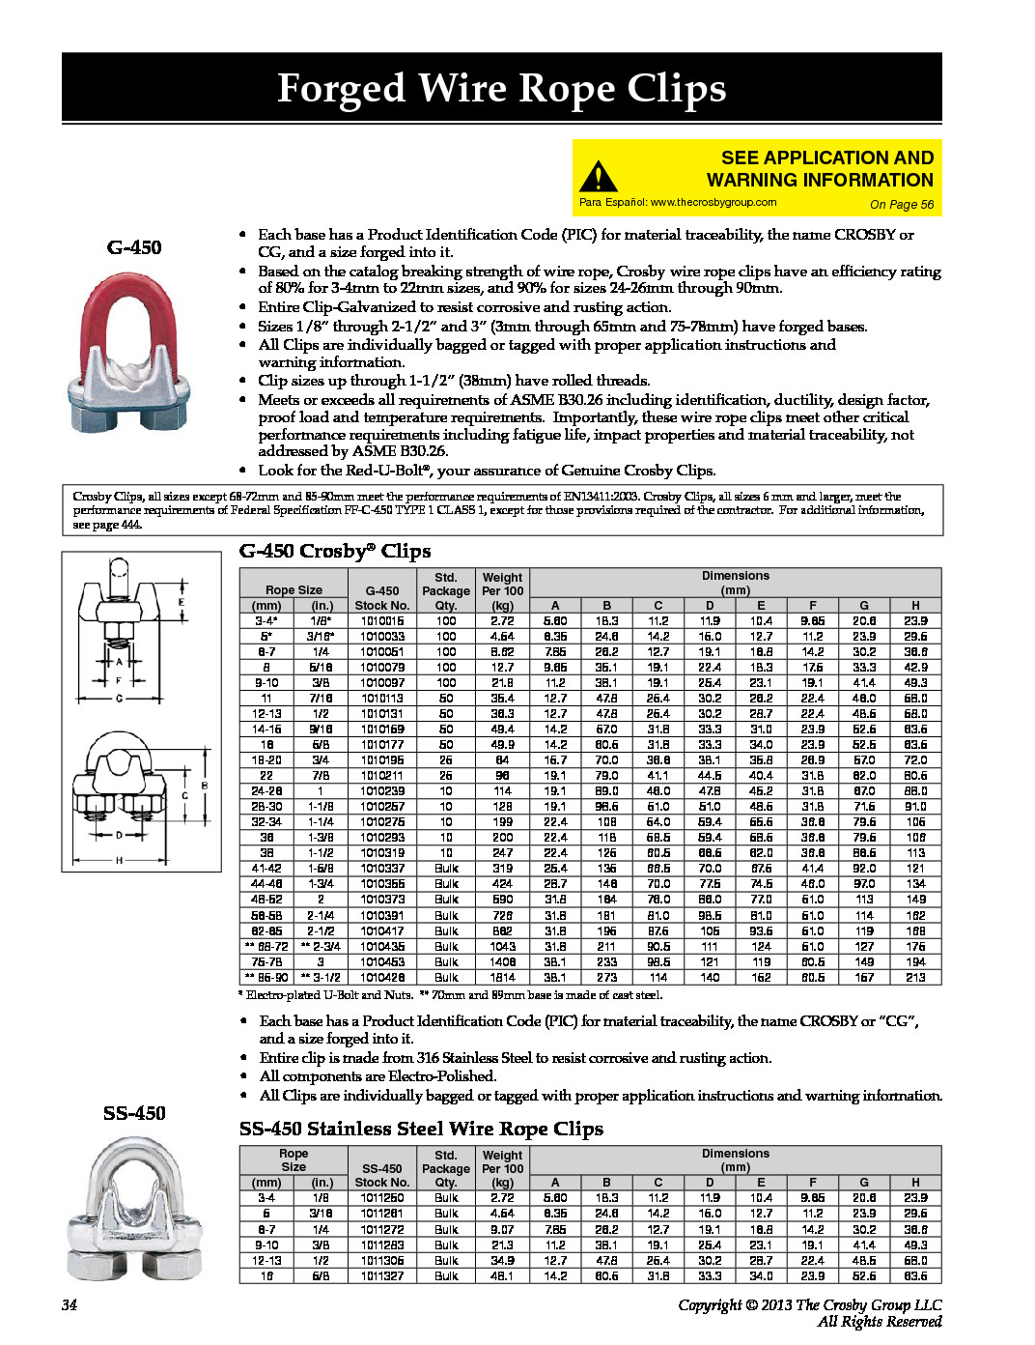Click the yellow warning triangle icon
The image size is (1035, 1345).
[598, 177]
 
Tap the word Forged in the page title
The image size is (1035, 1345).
[341, 89]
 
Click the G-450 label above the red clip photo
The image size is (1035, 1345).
[134, 247]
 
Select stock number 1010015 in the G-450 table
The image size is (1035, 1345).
[382, 621]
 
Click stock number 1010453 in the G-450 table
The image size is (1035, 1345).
[382, 962]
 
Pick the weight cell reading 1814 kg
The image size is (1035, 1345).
[502, 978]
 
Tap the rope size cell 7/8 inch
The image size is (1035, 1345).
[321, 776]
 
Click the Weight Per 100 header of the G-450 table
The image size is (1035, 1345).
[502, 590]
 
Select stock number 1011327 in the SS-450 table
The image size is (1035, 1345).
[382, 1276]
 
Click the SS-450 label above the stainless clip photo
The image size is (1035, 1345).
[134, 1113]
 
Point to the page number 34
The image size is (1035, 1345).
[70, 1305]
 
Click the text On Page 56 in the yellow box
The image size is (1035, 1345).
[902, 205]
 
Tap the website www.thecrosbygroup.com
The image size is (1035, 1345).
[713, 203]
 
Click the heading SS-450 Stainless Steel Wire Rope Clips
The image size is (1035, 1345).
[421, 1129]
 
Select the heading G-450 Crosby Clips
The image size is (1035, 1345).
[334, 551]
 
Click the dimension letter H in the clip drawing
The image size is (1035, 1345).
[120, 859]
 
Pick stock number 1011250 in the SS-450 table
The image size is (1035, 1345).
[382, 1198]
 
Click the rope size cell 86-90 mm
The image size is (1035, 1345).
[267, 978]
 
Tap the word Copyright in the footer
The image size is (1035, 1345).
[710, 1305]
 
